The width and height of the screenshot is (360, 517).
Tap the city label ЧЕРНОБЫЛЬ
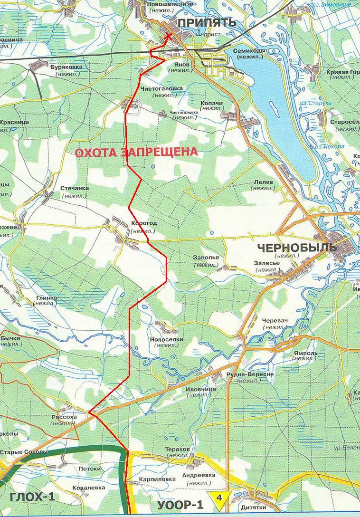296,248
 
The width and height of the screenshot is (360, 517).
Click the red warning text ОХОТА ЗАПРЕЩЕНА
136,152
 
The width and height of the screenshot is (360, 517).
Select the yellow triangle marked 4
219,498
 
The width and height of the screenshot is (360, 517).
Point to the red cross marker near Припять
168,38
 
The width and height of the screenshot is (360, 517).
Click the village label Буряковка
66,67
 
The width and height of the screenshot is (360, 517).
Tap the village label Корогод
143,223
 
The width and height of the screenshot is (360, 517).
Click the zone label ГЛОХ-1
32,498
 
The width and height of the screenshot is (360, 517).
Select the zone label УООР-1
181,504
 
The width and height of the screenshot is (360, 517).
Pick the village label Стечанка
75,188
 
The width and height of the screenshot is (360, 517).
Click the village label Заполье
206,258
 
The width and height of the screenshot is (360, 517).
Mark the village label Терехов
178,449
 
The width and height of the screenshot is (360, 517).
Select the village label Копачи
211,103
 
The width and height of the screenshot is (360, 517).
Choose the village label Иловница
200,389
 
